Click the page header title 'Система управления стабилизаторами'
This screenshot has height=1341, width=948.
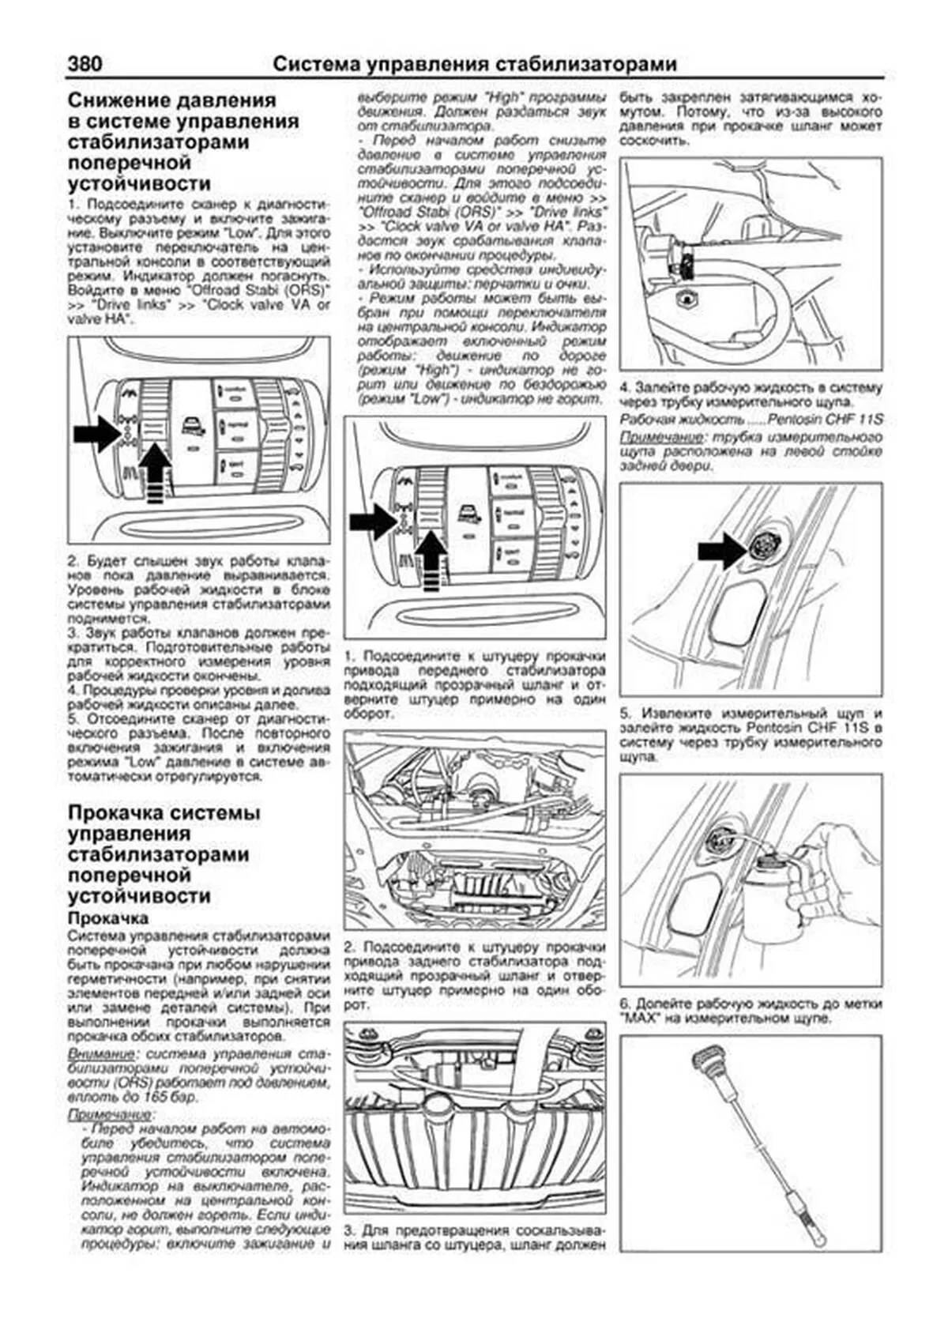[474, 64]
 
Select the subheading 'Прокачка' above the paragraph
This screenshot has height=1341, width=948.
[108, 918]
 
